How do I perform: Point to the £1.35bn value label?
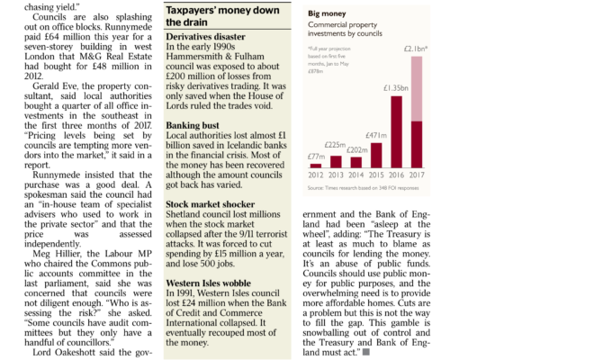[x=397, y=88]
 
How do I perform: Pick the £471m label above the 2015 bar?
[x=377, y=136]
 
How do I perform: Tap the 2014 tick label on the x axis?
[x=356, y=175]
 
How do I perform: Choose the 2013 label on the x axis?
[x=337, y=175]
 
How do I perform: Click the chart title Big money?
[x=327, y=14]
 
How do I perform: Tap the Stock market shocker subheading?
[x=216, y=205]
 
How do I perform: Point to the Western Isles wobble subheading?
[x=215, y=283]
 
